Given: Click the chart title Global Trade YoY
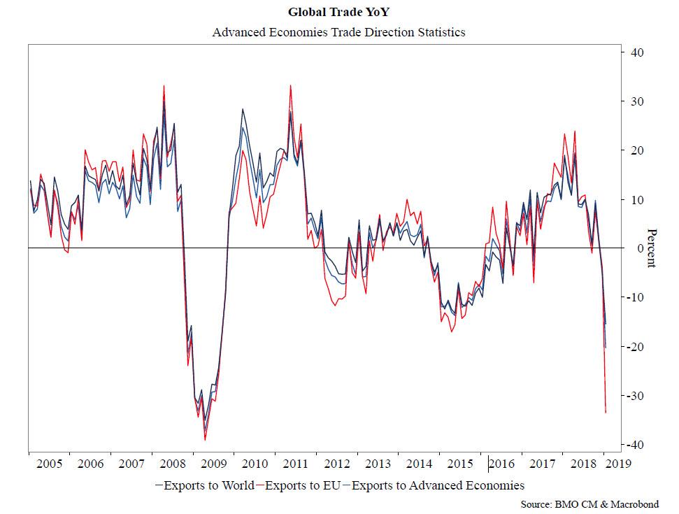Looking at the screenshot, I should [x=338, y=12].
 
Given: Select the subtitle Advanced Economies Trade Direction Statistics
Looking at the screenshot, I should [x=338, y=31].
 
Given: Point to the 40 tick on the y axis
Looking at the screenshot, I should [x=637, y=52].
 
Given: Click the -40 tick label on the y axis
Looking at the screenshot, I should [x=636, y=445].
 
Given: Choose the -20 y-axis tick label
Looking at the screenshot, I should [x=636, y=347].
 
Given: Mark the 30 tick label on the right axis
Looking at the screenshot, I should [x=637, y=101].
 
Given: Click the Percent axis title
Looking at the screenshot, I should [x=652, y=248].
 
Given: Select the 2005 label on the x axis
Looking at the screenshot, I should [x=49, y=464].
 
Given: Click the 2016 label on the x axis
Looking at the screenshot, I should [x=503, y=464].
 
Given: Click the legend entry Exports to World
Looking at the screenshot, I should [x=204, y=485].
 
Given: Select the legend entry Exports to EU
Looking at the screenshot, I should [x=301, y=485].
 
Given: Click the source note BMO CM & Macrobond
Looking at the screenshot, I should [x=595, y=504].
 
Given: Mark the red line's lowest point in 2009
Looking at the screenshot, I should [x=205, y=440].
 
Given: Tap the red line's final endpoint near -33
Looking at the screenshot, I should [x=606, y=413].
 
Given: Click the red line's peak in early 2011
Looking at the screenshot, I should [x=290, y=86].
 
